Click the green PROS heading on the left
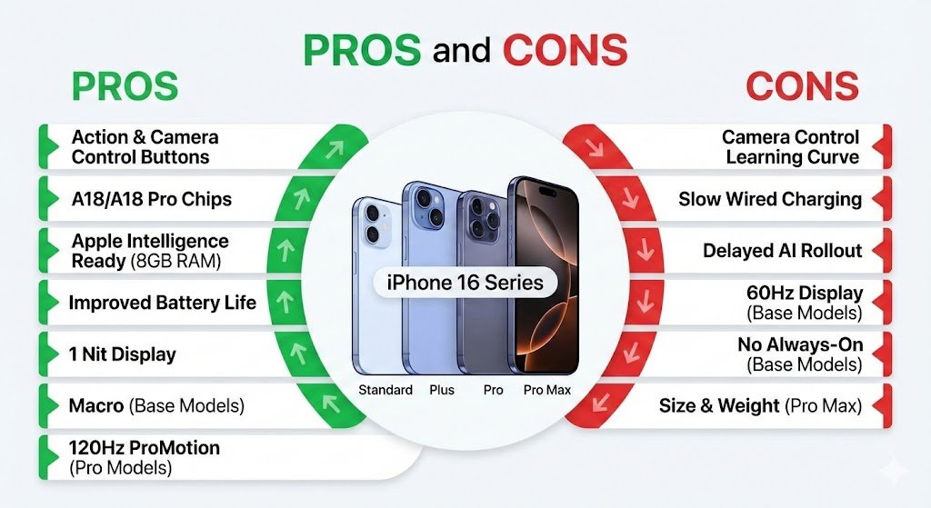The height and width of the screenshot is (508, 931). pyautogui.click(x=125, y=86)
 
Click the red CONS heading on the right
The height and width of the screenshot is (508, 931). pyautogui.click(x=802, y=86)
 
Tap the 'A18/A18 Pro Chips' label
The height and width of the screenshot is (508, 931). pyautogui.click(x=151, y=199)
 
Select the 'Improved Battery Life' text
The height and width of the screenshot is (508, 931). pyautogui.click(x=162, y=302)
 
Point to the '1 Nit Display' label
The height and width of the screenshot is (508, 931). pyautogui.click(x=123, y=354)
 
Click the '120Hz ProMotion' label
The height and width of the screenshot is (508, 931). pyautogui.click(x=145, y=448)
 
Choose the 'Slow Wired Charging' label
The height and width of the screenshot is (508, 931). pyautogui.click(x=769, y=199)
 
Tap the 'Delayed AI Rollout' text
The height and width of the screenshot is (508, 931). pyautogui.click(x=782, y=251)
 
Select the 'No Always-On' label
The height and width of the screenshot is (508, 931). pyautogui.click(x=799, y=345)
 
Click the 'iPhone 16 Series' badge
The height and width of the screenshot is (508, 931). pyautogui.click(x=465, y=283)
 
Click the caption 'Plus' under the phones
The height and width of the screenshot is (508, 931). pyautogui.click(x=441, y=390)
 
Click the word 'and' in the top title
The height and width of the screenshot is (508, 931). pyautogui.click(x=463, y=51)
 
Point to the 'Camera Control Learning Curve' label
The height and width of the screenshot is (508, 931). pyautogui.click(x=791, y=147)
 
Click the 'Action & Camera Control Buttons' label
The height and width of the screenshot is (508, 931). pyautogui.click(x=145, y=147)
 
